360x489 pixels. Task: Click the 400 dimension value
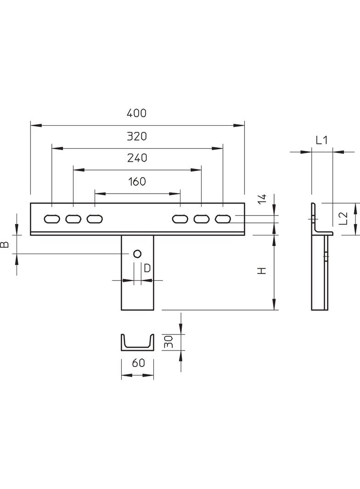(x=137, y=113)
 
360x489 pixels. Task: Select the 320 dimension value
(x=137, y=136)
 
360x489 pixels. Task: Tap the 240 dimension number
(x=137, y=158)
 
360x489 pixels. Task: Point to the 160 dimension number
(x=137, y=182)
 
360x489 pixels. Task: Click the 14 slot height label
(x=262, y=199)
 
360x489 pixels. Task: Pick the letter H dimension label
(x=262, y=271)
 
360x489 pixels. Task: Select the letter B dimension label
(x=5, y=244)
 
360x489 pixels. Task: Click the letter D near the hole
(x=147, y=268)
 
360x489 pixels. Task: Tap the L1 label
(x=321, y=140)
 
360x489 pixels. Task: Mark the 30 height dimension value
(x=169, y=341)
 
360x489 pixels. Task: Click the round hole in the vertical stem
(x=136, y=254)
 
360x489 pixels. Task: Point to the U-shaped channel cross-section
(x=137, y=344)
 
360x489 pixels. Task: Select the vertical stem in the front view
(x=137, y=284)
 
